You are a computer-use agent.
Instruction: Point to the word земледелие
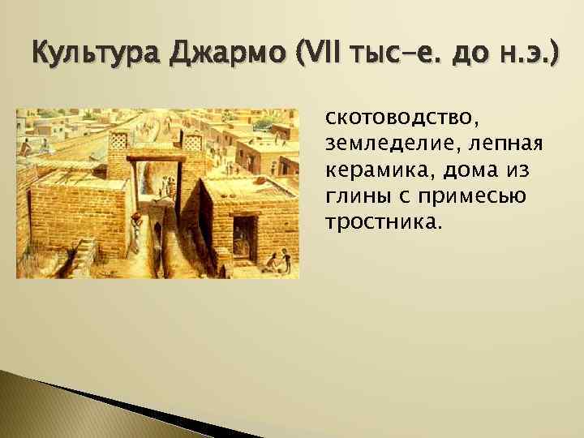point(381,146)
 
